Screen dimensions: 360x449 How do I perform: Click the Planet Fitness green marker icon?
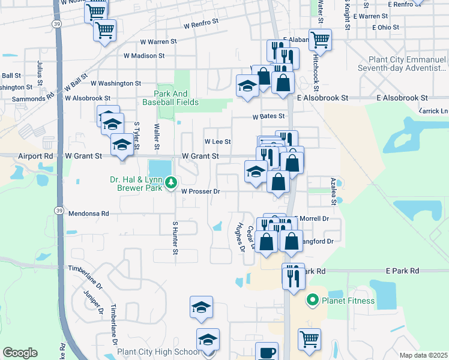tap(312, 300)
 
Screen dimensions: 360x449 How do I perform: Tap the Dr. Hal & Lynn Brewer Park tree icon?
tap(171, 181)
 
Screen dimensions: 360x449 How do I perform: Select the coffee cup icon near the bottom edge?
tap(267, 352)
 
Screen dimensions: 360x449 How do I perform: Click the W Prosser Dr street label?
tap(201, 192)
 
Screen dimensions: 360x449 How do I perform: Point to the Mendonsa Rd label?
tap(88, 213)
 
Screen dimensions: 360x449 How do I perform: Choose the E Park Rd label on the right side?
tap(402, 271)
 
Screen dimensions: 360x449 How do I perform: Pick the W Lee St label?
tap(217, 142)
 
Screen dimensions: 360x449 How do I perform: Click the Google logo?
tap(19, 353)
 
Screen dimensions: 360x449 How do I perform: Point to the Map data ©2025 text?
tap(424, 355)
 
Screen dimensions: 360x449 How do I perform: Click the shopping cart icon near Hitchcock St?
tap(320, 40)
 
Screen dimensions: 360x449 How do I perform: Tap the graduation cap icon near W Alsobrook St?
tap(247, 85)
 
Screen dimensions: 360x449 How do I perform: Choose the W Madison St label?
tap(144, 56)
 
